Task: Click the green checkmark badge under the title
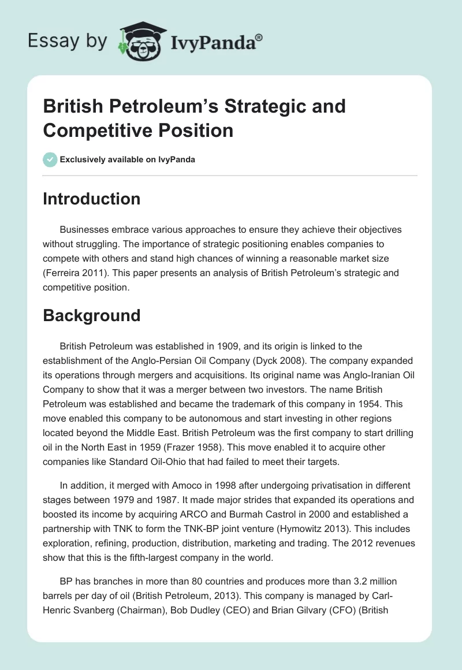click(x=50, y=159)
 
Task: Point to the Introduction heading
click(x=91, y=199)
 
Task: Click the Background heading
click(x=91, y=315)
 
